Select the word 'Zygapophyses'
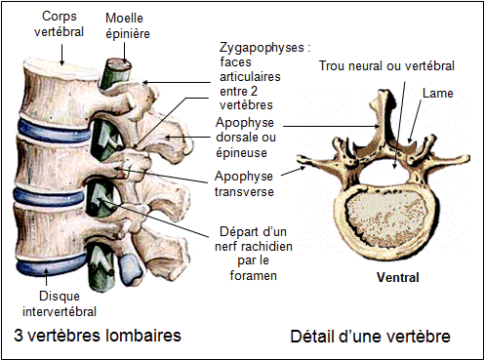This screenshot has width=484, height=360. coord(255,46)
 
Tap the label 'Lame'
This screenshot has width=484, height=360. coord(437,94)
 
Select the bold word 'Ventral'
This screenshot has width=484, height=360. coord(397,277)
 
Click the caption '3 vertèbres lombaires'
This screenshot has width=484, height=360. coord(97,337)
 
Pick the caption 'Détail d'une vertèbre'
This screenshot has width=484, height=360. coord(370,337)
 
